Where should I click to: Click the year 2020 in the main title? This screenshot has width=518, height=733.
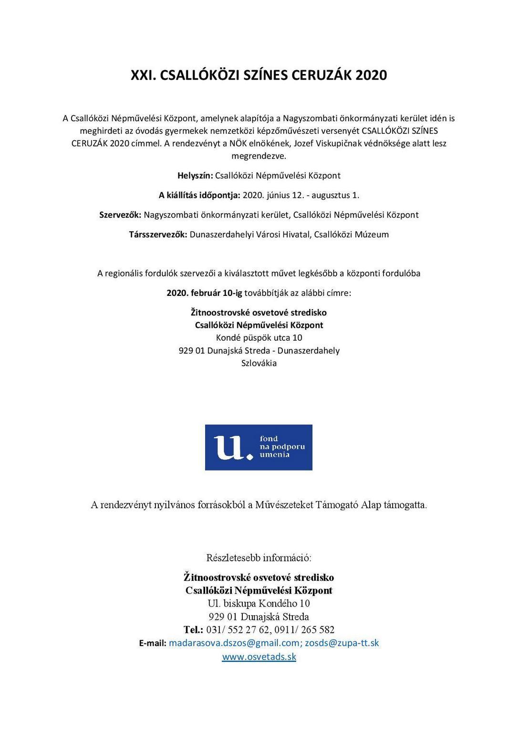(x=371, y=75)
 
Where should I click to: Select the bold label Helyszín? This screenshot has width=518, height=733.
(x=195, y=176)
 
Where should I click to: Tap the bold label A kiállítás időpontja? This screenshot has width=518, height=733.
(x=199, y=195)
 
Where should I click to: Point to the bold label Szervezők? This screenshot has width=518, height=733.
(x=120, y=215)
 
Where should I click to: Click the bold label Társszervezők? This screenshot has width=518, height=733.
(x=158, y=234)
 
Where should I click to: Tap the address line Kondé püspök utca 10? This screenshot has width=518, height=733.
(x=259, y=338)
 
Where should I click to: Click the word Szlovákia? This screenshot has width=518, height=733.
(x=259, y=363)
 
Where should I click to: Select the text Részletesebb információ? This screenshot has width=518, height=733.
(x=259, y=557)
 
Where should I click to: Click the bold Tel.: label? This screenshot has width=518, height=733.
(x=194, y=629)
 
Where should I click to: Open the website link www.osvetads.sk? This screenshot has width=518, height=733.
(x=259, y=657)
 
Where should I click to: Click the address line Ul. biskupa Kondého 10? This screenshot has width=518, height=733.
(x=259, y=603)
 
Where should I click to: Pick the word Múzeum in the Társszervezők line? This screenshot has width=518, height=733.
(x=372, y=234)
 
